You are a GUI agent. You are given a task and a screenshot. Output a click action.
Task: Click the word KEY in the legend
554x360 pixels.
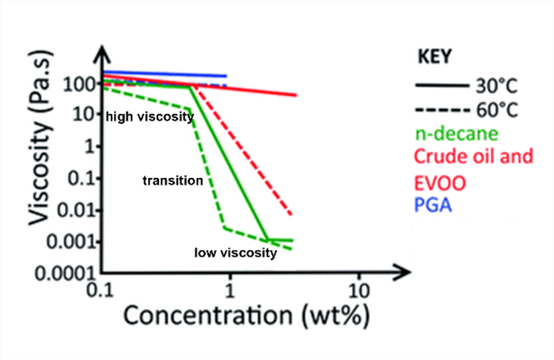(x=434, y=56)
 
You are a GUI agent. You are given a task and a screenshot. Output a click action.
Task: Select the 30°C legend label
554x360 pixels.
(x=496, y=86)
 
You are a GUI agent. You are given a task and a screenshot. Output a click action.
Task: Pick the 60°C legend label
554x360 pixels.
(x=497, y=110)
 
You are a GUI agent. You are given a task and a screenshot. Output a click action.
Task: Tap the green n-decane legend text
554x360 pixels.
(x=457, y=134)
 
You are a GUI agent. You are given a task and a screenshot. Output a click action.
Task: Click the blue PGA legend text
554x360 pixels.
(x=433, y=205)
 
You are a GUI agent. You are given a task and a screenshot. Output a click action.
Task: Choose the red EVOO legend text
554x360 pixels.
(x=440, y=183)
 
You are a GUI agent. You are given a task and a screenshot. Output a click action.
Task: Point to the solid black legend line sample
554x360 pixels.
(x=442, y=85)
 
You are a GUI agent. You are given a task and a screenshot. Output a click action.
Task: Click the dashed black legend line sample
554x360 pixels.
(x=442, y=110)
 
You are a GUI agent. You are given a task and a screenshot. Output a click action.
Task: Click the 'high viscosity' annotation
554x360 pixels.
(x=150, y=117)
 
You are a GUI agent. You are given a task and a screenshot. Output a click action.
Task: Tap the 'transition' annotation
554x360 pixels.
(x=173, y=181)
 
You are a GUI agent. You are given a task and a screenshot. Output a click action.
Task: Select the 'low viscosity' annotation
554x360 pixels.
(x=236, y=253)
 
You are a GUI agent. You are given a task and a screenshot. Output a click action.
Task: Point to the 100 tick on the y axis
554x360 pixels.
(x=79, y=85)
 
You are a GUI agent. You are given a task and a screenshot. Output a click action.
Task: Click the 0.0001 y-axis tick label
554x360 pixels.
(x=65, y=274)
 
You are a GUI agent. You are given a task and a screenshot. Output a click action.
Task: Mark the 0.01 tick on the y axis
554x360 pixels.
(x=76, y=210)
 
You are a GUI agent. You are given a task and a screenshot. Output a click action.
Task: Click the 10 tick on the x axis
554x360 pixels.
(x=359, y=291)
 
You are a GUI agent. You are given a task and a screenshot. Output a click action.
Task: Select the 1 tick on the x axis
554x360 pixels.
(x=230, y=291)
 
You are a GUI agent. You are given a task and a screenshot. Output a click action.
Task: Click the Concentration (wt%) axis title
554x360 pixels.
(x=247, y=316)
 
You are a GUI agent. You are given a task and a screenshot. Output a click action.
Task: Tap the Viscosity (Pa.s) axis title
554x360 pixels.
(x=40, y=138)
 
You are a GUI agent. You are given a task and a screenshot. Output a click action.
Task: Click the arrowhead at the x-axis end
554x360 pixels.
(x=403, y=272)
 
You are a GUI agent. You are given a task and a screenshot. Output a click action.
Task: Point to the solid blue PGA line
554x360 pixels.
(x=165, y=74)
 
